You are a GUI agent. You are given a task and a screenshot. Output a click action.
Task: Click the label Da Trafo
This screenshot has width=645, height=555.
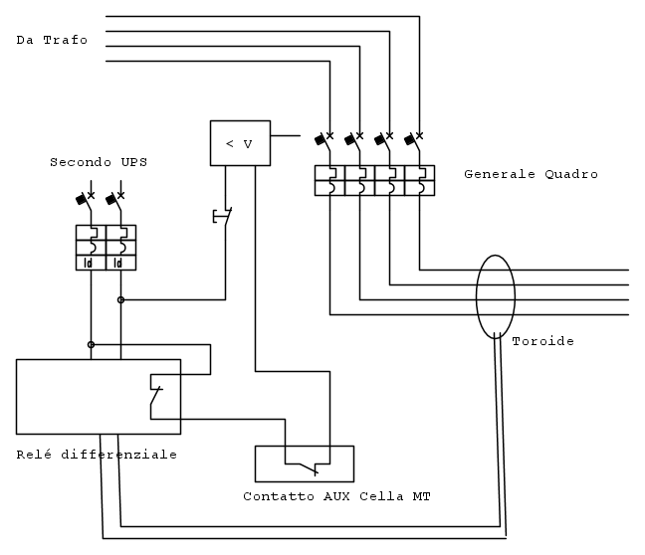[x=52, y=41]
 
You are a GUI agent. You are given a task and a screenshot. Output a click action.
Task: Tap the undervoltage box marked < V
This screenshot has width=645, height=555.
[x=240, y=143]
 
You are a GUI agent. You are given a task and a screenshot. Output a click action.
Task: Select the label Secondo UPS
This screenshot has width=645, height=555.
[x=91, y=161]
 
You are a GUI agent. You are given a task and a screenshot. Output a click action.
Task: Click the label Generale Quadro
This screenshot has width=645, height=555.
[x=531, y=174]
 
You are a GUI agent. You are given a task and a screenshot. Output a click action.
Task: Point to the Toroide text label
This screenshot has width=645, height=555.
[x=542, y=342]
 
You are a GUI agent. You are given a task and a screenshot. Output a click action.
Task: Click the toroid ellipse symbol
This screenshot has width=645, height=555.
[x=495, y=297]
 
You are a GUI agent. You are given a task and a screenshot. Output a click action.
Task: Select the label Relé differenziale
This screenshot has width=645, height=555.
[x=97, y=455]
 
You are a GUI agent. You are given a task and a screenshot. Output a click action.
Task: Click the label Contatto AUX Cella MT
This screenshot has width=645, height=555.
[x=336, y=495]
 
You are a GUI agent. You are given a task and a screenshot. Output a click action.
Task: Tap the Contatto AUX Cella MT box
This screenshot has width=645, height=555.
[x=304, y=463]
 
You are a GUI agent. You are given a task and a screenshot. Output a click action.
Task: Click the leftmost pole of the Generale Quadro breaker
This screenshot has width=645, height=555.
[x=329, y=180]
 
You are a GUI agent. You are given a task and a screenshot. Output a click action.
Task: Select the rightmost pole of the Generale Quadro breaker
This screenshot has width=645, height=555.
[x=420, y=180]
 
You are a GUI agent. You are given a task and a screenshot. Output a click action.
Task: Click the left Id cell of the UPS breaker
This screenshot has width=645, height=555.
[x=91, y=263]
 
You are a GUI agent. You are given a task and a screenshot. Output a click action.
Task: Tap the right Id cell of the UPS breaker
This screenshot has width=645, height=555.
[x=120, y=263]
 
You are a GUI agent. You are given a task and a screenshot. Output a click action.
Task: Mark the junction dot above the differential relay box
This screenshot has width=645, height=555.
[x=91, y=344]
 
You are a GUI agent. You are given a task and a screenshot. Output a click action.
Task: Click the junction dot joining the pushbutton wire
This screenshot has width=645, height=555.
[x=121, y=298]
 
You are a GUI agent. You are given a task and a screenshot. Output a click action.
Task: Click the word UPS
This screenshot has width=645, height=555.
[x=119, y=161]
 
